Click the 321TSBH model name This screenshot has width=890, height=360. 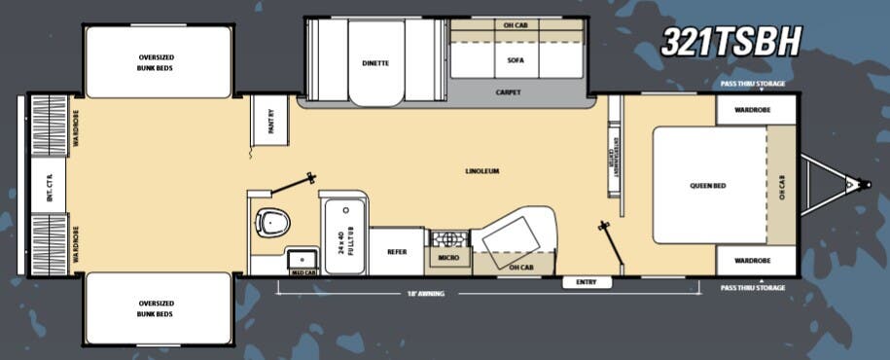point(730,41)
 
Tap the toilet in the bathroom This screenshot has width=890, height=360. point(273,223)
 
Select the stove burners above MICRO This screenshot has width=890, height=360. point(447,238)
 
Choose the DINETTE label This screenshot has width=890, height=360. point(374,63)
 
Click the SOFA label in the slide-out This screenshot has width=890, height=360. point(516,60)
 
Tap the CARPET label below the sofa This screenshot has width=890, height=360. point(508,92)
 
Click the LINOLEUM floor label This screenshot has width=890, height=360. point(482,171)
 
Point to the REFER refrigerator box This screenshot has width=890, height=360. point(397,251)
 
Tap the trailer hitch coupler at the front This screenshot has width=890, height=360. point(853,183)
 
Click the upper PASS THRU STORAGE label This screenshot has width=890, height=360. point(753,84)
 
